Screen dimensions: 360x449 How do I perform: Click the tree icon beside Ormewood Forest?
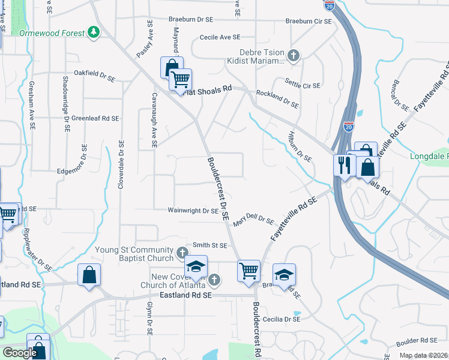coord(94,32)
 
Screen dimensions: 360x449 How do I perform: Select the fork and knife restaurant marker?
coord(345,165)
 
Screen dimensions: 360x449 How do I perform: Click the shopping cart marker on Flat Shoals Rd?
coord(180,79)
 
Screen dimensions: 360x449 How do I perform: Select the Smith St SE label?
coord(209,245)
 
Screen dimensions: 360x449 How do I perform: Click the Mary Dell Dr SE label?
coord(259,220)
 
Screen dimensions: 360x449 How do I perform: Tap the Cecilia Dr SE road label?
coord(280,319)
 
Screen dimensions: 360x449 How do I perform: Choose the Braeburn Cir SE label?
coord(309,21)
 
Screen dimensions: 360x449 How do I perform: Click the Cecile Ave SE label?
coord(220,37)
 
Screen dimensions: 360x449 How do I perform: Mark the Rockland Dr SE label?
coord(277,99)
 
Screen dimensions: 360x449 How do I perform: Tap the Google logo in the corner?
coord(20,352)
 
